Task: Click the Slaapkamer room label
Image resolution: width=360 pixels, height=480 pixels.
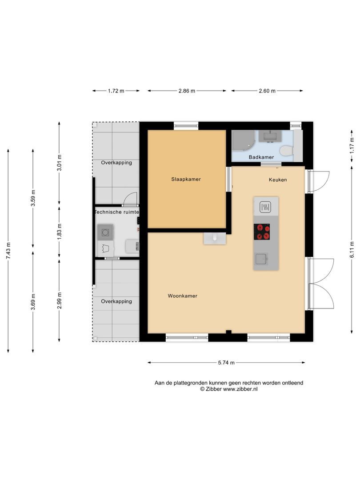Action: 186,180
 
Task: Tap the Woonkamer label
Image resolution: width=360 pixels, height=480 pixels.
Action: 182,296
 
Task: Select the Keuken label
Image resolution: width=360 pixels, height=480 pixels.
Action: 278,180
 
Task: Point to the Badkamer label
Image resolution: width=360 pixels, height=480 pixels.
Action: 261,157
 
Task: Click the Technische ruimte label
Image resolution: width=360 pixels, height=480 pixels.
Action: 116,212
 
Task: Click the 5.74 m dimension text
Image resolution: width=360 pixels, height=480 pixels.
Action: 226,363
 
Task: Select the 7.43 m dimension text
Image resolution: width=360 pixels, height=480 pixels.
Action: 8,251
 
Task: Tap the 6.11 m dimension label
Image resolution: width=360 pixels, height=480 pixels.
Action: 352,250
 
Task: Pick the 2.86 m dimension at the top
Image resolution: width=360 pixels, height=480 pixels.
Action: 187,91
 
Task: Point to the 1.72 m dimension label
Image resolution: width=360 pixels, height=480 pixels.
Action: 116,91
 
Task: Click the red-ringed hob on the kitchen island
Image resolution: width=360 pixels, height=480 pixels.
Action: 262,232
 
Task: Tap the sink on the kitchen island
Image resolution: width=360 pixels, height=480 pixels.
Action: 260,259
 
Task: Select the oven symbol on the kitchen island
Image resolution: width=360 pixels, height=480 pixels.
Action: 265,206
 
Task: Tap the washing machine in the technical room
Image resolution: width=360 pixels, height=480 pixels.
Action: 106,232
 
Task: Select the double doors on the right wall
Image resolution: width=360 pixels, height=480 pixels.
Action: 320,283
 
